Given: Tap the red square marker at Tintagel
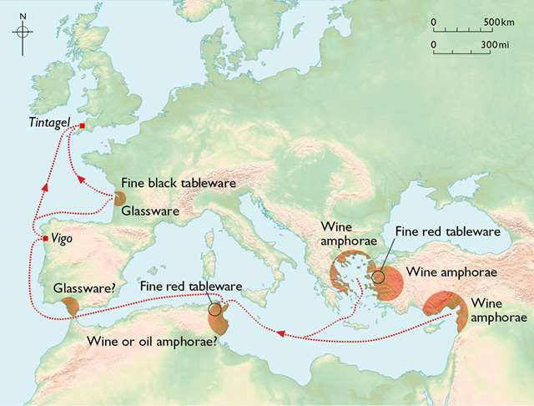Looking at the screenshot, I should tap(83, 127).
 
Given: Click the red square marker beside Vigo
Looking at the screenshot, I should tap(45, 240).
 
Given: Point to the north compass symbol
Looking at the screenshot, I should tap(23, 31).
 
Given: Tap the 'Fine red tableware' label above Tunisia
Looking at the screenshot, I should tap(191, 287).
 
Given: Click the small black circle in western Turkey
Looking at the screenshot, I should tap(379, 277).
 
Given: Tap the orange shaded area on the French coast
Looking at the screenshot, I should tap(119, 200).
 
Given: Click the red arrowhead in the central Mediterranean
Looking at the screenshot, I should tap(280, 335).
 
